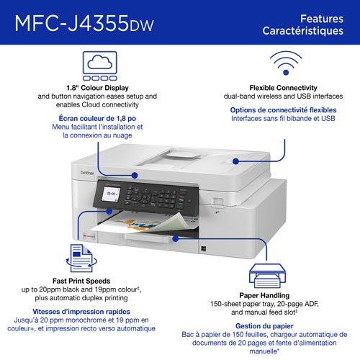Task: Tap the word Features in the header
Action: tap(316, 17)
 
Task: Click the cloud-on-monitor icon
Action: tap(100, 62)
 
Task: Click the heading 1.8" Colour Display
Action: tap(100, 86)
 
